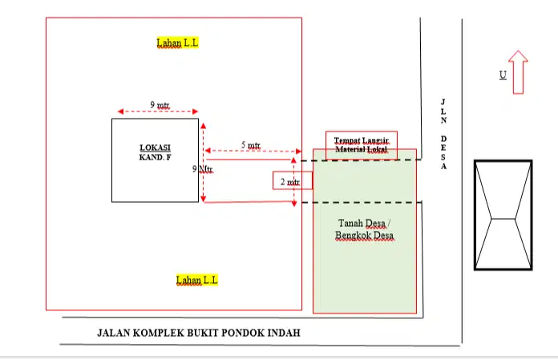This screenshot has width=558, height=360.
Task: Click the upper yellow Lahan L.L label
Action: coord(177,42)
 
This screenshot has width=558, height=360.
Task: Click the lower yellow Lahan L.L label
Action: coord(197,280)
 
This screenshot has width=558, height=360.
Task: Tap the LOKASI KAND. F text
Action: coord(155,153)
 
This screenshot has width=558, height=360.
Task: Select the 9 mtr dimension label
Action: coord(160,104)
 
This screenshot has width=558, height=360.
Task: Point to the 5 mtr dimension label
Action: coord(251,145)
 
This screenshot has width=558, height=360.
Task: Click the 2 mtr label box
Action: coord(292,181)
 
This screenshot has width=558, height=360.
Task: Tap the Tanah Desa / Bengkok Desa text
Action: coord(364,229)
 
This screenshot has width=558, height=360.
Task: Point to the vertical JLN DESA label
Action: coord(443,134)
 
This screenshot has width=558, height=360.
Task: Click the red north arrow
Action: coord(518,71)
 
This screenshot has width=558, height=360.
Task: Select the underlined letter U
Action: coord(503,75)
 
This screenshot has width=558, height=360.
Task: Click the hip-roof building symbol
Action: coord(503,215)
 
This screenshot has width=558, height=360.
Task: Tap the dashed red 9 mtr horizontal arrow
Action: coord(157,112)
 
